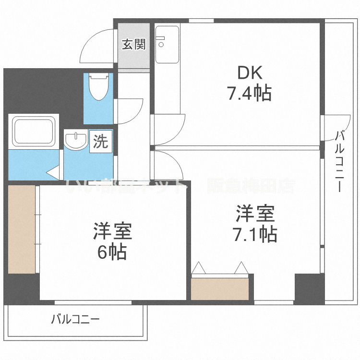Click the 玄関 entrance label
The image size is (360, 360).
pos(133,45)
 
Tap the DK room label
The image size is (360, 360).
pos(250,73)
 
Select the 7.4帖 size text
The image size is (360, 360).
pos(249,93)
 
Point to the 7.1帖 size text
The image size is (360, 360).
pos(254,234)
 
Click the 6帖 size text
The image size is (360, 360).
pos(112,252)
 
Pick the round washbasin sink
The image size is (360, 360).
pos(75,142)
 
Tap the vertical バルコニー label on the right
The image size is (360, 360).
pos(340,161)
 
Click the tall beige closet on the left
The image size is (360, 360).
pos(22,229)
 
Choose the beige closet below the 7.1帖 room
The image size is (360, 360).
pos(219,288)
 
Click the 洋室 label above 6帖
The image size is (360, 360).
pos(112,232)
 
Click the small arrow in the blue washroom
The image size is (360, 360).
pos(52,171)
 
